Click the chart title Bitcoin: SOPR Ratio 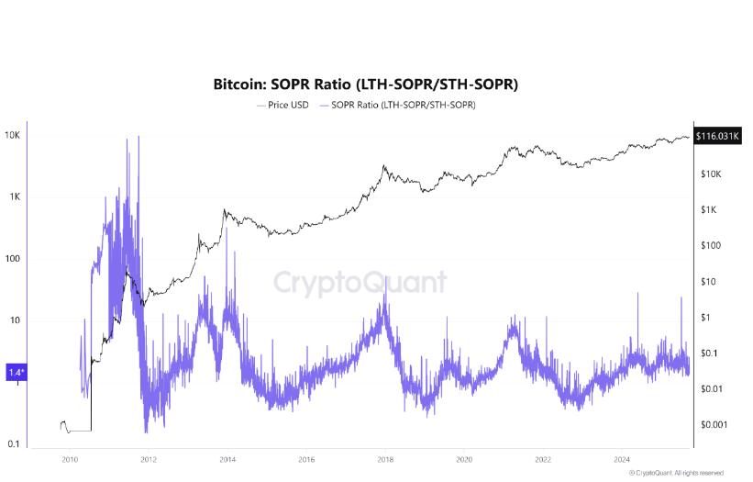[x=366, y=84]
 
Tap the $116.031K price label [x=718, y=136]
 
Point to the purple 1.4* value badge [x=17, y=372]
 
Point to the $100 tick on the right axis [x=710, y=245]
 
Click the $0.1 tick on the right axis [x=710, y=353]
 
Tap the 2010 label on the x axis [x=69, y=459]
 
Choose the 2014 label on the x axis [x=227, y=459]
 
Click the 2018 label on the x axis [x=385, y=459]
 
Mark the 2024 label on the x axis [x=622, y=459]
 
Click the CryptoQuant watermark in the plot [x=361, y=282]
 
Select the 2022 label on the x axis [x=543, y=459]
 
